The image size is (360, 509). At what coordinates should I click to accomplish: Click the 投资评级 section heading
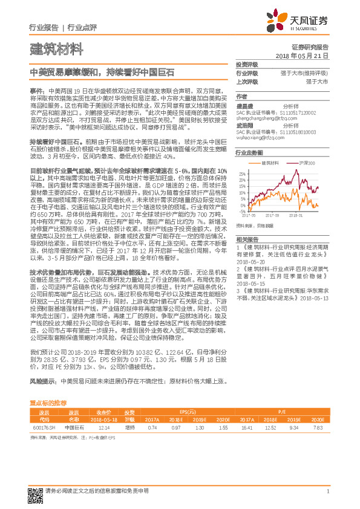point(247,64)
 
